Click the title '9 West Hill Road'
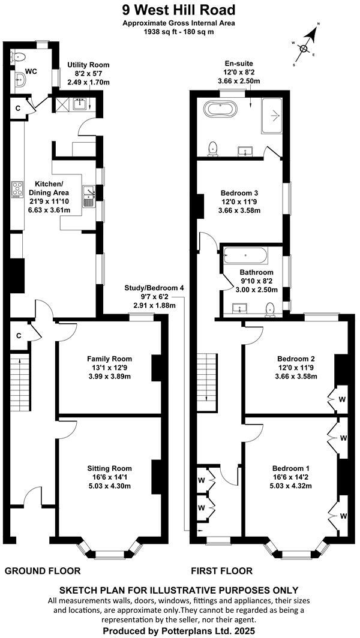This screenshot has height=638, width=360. [x=178, y=10]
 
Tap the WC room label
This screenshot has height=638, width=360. [x=31, y=71]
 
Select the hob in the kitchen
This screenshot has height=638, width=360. [x=17, y=189]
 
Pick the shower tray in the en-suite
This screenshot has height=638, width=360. [x=274, y=115]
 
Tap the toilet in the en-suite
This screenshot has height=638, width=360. [x=212, y=148]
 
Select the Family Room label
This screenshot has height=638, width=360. [x=109, y=359]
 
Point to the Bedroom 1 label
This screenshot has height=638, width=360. [x=291, y=468]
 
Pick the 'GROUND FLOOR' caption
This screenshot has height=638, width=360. [x=43, y=570]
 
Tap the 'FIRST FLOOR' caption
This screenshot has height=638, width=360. [x=221, y=570]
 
